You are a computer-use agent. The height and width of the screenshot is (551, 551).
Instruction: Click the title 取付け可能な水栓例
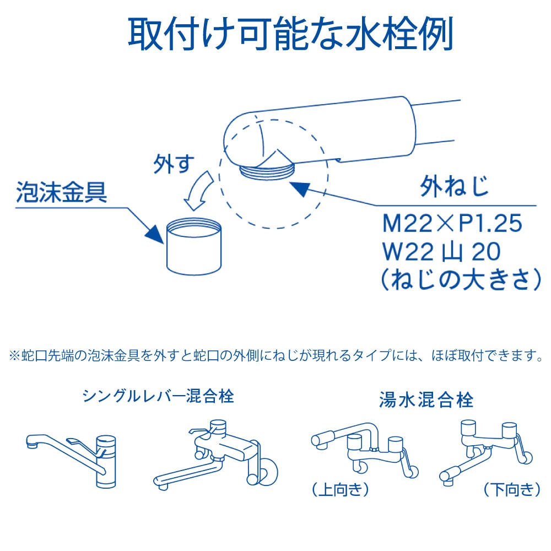(290, 35)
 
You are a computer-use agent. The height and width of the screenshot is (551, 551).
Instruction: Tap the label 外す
(174, 164)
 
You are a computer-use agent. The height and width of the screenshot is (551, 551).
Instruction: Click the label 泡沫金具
(62, 192)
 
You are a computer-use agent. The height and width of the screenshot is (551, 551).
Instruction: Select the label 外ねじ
(455, 187)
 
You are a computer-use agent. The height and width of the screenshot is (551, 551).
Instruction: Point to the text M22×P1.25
(452, 223)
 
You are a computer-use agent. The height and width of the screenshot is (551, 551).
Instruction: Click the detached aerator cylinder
(193, 247)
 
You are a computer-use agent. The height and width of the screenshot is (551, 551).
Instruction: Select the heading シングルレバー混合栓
(158, 396)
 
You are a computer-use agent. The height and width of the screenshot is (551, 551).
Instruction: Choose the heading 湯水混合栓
(426, 399)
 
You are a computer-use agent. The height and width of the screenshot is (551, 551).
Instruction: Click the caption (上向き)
(341, 489)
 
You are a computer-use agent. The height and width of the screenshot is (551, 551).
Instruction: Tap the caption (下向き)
(512, 489)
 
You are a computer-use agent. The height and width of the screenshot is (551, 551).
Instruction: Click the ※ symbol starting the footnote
(14, 355)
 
